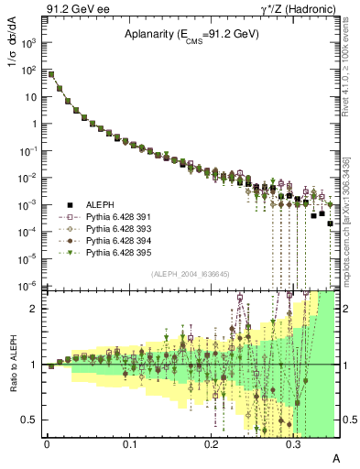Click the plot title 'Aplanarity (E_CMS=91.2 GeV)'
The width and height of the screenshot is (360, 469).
(x=192, y=35)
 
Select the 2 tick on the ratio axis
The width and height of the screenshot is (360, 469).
(x=36, y=309)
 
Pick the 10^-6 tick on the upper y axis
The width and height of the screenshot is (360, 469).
(x=30, y=286)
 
